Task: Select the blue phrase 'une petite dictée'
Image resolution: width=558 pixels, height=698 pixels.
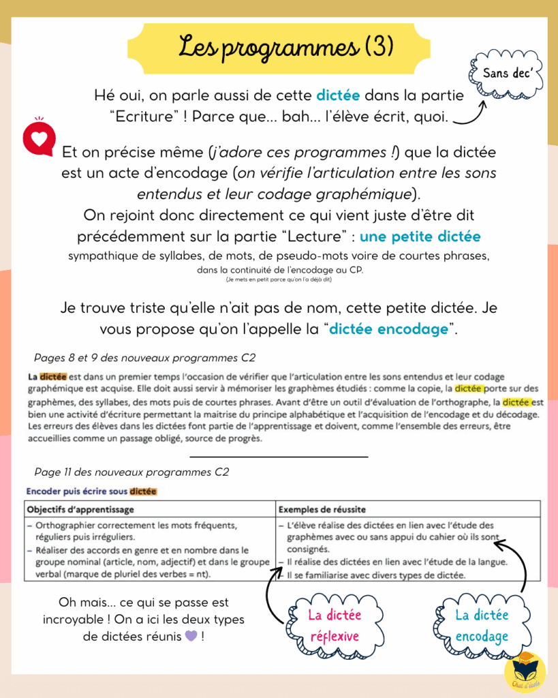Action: [x=420, y=237]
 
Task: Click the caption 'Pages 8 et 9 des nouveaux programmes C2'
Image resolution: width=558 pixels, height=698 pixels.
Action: [x=144, y=358]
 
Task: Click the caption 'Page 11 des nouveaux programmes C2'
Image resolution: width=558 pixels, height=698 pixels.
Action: [x=131, y=472]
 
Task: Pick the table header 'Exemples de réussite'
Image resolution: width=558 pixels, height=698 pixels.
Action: [x=322, y=509]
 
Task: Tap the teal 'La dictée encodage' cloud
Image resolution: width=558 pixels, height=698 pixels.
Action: [x=481, y=626]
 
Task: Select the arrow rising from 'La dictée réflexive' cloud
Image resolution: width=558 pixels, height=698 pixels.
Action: [x=275, y=593]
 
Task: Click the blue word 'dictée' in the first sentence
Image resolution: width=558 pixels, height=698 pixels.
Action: [x=338, y=95]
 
